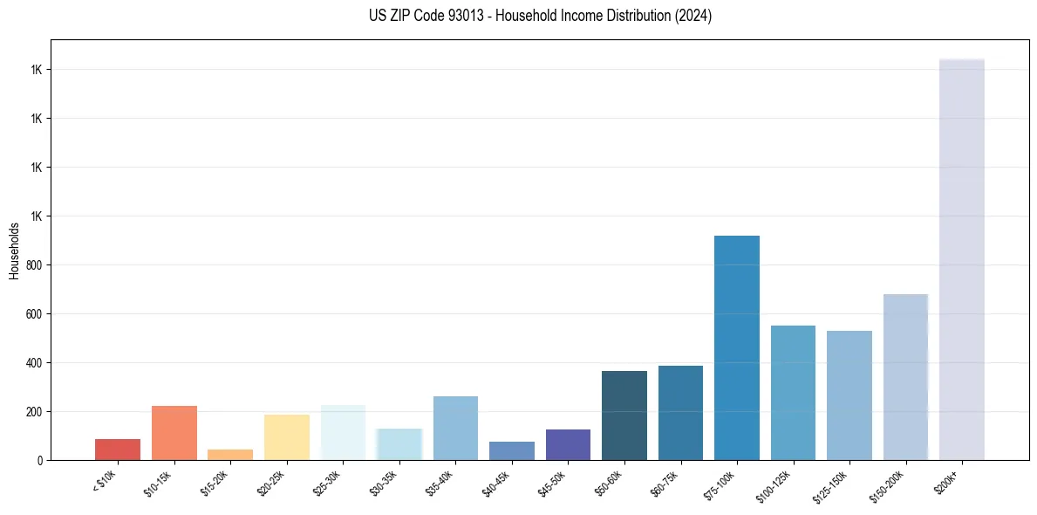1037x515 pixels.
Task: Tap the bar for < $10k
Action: (118, 450)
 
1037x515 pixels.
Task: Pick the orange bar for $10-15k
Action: (174, 433)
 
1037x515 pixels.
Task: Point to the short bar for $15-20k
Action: (230, 455)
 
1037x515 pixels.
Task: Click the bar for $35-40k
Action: (455, 428)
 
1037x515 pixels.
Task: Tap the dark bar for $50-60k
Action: (624, 415)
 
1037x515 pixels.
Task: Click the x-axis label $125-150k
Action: (833, 484)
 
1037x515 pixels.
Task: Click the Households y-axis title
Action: (14, 251)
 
